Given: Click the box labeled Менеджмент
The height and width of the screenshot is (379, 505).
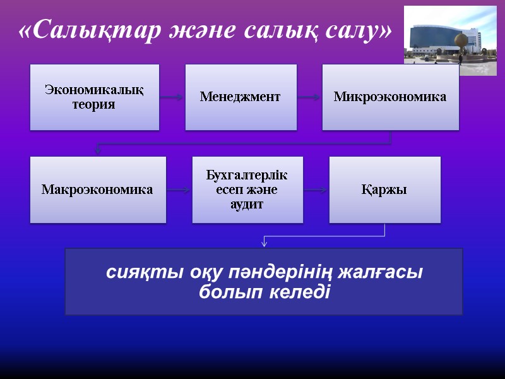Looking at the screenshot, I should tap(241, 97).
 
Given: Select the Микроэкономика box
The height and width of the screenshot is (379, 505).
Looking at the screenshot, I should tap(390, 97).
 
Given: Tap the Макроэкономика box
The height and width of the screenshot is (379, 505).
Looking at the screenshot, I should tap(98, 189).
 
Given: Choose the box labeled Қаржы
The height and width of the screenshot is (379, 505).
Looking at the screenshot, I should tap(384, 189).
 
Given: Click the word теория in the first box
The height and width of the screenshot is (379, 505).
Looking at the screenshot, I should tap(94, 104).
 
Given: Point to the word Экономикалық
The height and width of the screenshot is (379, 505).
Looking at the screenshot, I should tap(94, 90).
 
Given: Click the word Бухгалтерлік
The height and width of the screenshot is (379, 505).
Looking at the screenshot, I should tap(247, 174).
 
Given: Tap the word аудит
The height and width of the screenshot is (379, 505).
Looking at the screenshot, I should tap(247, 205).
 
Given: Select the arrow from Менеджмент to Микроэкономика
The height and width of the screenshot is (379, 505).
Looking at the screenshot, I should tap(309, 97).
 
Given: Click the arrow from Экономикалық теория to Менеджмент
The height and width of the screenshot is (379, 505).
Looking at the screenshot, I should tap(172, 97).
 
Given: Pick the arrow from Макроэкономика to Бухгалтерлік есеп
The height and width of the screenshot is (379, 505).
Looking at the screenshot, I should tap(179, 189).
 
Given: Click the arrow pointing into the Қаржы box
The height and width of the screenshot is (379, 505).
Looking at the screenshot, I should tap(316, 189).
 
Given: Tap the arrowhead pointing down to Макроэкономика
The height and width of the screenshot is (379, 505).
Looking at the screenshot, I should tap(97, 150).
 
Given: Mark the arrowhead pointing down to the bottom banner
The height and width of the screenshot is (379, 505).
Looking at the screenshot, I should tap(264, 243).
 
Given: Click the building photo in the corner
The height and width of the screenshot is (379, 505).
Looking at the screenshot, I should tap(450, 40).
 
